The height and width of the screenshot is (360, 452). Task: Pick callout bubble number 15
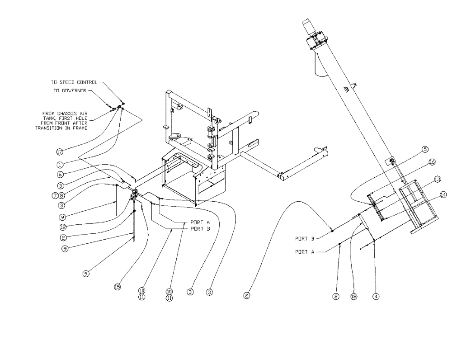point(117,286)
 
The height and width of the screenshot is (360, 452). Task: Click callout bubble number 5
point(425,149)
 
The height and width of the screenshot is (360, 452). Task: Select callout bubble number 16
point(432,161)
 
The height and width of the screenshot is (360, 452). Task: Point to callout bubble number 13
point(437,179)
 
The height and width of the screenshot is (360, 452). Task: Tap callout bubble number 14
point(443,194)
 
